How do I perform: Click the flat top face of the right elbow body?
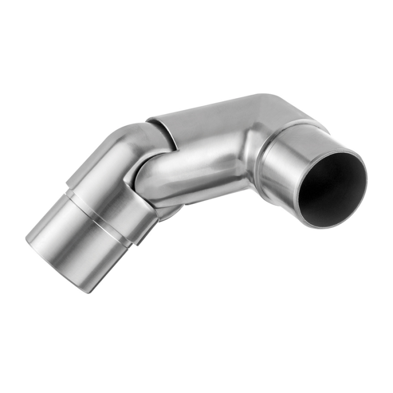click(x=208, y=112)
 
